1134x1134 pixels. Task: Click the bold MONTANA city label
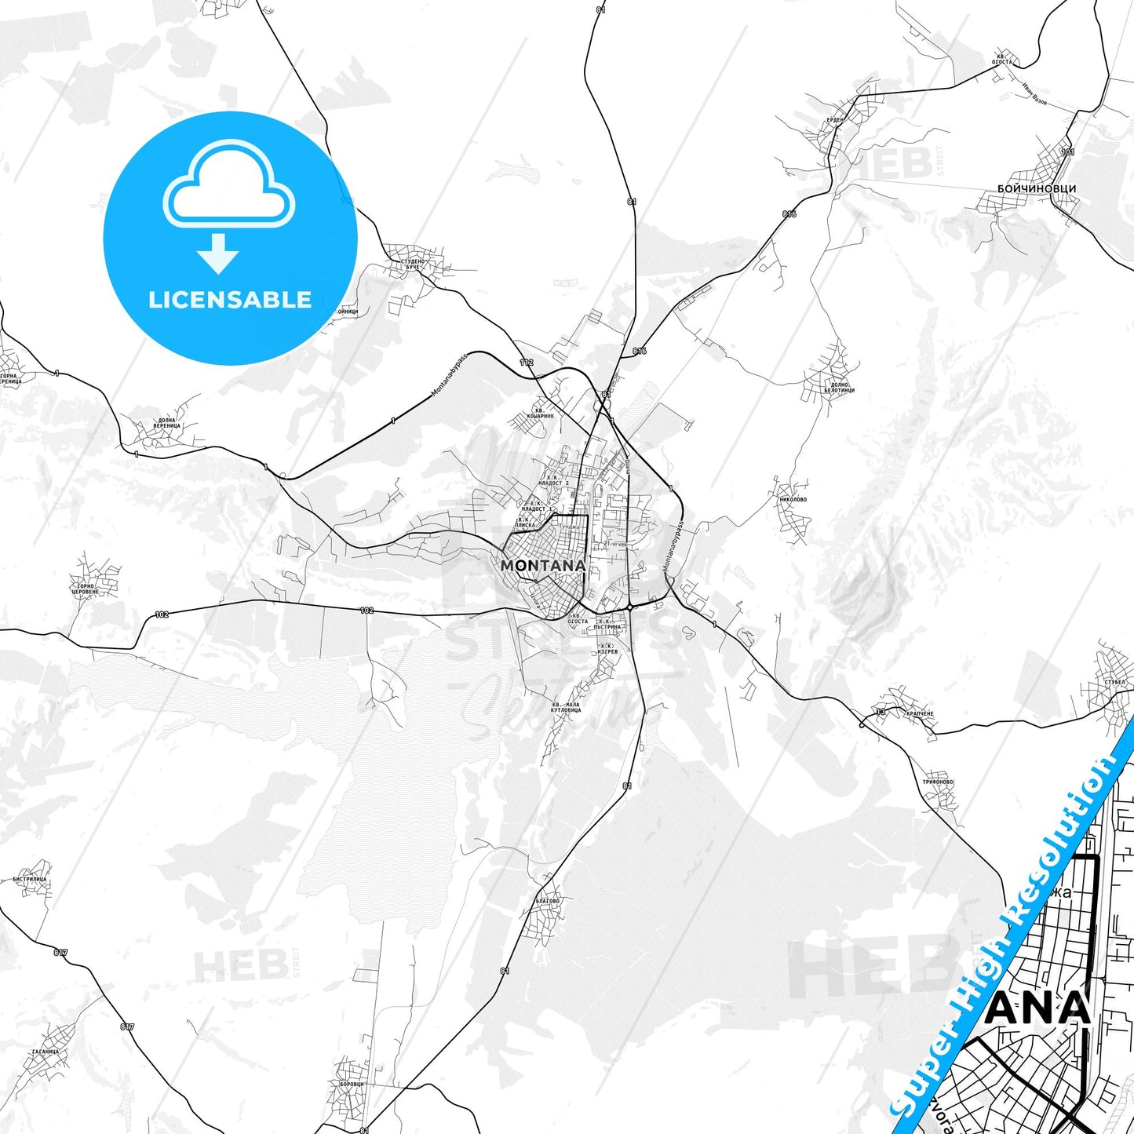click(x=542, y=565)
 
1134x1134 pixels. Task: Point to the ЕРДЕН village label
click(x=834, y=119)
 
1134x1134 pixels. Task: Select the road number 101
click(x=1067, y=151)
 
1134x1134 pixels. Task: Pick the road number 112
click(x=526, y=362)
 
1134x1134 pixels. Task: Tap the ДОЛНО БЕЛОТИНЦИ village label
click(x=839, y=388)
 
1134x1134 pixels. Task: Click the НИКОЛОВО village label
click(x=793, y=499)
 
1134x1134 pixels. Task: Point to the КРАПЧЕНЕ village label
click(x=919, y=713)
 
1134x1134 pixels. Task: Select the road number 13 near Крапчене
click(x=881, y=712)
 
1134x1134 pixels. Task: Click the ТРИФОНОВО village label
click(x=938, y=782)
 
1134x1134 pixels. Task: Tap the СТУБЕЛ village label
click(x=1114, y=682)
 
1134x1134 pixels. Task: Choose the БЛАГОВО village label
click(x=547, y=901)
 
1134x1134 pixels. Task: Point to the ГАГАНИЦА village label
click(x=46, y=1052)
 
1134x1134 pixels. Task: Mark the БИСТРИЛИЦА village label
click(x=30, y=880)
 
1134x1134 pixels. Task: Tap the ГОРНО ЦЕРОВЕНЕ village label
click(x=85, y=589)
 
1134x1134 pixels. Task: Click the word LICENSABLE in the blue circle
click(x=230, y=299)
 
